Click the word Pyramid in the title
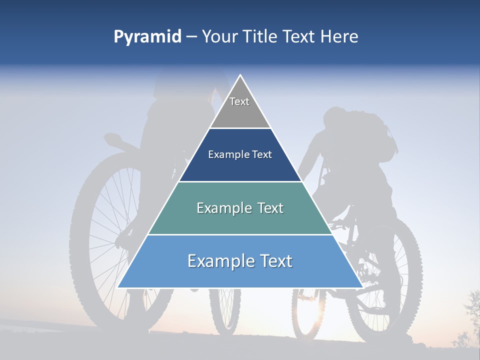point(147,37)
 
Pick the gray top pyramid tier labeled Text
point(239,107)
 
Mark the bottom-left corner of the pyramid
point(117,287)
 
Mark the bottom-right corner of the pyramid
point(362,287)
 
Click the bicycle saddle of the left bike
point(114,138)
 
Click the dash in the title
point(191,37)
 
